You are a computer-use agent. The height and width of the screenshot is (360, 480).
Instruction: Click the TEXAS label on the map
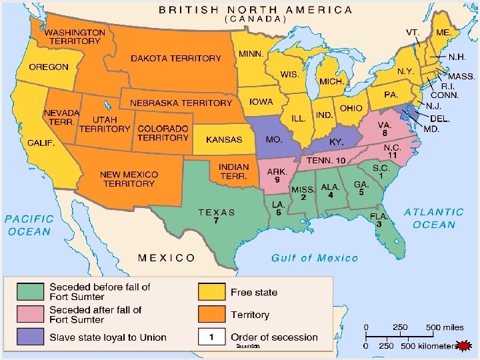(x=217, y=212)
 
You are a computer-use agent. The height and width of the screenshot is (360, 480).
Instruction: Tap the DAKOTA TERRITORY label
(x=175, y=59)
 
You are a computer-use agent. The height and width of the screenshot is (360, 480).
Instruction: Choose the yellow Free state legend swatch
(x=211, y=292)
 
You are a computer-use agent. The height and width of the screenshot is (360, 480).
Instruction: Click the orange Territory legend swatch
(x=211, y=315)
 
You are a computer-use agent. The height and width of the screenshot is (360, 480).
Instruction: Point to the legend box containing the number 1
(x=211, y=337)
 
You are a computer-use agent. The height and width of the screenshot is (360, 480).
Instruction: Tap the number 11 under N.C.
(x=393, y=155)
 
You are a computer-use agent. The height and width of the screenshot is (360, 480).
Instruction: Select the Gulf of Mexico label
(x=315, y=258)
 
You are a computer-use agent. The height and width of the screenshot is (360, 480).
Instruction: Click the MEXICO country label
(x=167, y=257)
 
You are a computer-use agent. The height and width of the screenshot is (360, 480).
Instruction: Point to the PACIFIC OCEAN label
(x=29, y=225)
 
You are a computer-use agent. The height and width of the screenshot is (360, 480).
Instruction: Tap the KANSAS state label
(x=224, y=140)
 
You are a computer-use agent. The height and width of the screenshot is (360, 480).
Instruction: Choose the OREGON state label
(x=49, y=67)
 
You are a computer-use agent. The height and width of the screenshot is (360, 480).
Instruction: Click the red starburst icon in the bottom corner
(x=465, y=345)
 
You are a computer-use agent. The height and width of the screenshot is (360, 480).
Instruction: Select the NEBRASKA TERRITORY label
(x=181, y=103)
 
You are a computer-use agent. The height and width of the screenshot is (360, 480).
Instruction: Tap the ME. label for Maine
(x=443, y=32)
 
